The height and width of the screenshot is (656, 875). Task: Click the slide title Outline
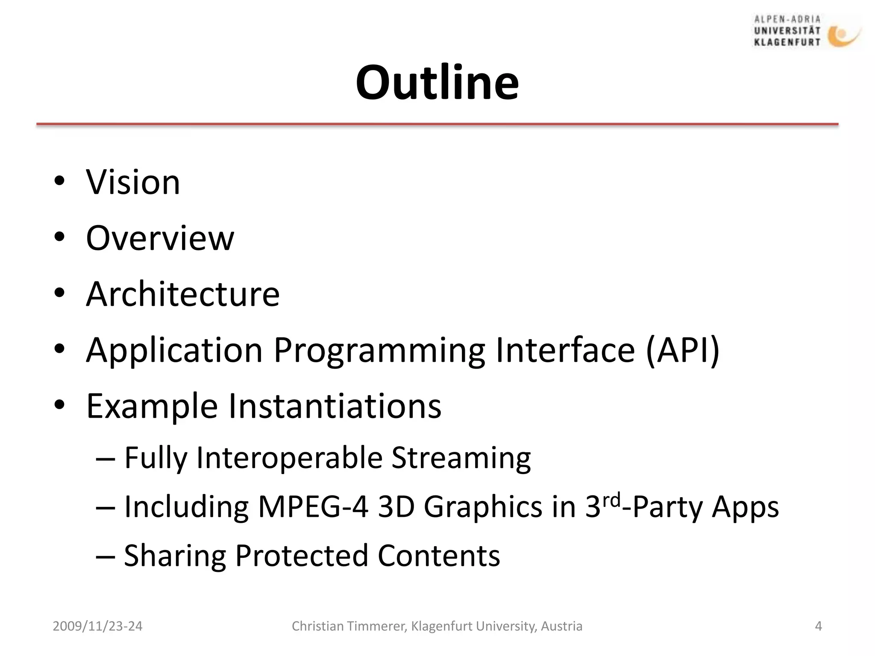[437, 82]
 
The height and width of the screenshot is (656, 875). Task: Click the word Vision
[133, 182]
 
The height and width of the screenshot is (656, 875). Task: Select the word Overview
[160, 238]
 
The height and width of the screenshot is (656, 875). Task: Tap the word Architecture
[182, 294]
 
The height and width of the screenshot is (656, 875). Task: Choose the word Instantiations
[335, 406]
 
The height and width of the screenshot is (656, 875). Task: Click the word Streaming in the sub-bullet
[461, 458]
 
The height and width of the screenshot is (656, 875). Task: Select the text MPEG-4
[313, 507]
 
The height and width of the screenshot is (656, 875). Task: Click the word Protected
[302, 556]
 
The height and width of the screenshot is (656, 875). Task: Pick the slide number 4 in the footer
[818, 626]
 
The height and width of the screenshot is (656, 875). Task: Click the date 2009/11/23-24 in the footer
[97, 626]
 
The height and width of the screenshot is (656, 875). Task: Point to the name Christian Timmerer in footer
[348, 626]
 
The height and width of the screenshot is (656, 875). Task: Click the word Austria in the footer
[561, 626]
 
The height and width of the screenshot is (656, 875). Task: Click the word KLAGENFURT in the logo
[787, 42]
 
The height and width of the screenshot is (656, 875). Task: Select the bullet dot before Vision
[59, 182]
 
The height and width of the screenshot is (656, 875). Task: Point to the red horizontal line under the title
[437, 124]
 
